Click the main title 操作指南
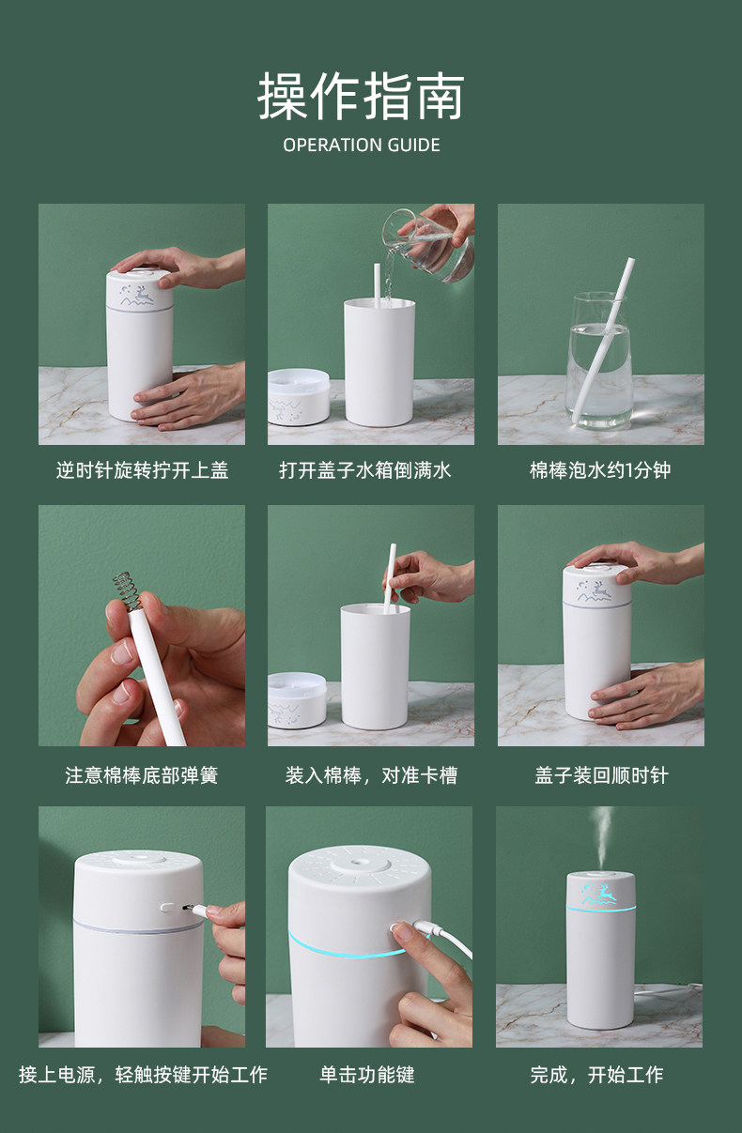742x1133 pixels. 362,95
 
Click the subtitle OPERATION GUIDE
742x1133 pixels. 362,145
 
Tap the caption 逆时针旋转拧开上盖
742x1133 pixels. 142,470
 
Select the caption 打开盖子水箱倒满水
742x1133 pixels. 365,470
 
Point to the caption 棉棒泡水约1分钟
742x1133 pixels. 600,470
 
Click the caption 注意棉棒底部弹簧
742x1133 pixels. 142,775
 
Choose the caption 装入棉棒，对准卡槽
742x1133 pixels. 371,775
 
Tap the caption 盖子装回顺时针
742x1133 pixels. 601,775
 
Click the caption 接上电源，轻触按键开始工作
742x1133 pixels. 144,1074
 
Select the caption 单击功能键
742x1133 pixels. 367,1074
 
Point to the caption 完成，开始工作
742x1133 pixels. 596,1074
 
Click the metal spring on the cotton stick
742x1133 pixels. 127,590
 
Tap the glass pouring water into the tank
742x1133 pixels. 428,244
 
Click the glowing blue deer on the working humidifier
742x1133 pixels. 599,894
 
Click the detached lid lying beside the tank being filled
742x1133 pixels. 299,396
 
